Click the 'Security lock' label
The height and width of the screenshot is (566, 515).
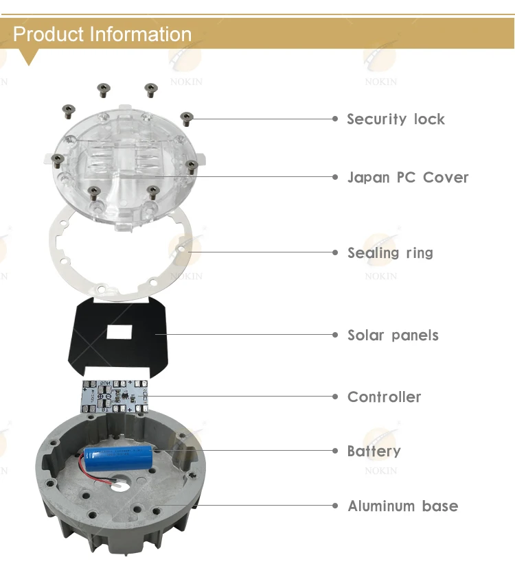point(396,119)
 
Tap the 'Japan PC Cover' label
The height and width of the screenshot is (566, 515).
point(408,178)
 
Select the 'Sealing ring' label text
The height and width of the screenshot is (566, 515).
point(390,252)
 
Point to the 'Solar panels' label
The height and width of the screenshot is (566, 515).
point(393,335)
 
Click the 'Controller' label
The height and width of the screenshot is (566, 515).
point(385,397)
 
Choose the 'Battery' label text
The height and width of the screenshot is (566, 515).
point(374,451)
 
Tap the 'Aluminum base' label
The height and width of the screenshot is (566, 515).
point(402,506)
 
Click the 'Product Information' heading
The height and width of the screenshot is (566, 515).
point(102,34)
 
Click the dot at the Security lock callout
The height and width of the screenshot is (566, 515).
point(335,119)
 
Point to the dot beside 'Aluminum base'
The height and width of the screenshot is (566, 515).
point(335,506)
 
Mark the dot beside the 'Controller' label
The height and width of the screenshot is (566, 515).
point(335,397)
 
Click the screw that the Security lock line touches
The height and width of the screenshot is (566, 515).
point(185,117)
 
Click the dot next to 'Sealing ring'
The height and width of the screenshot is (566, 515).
point(335,252)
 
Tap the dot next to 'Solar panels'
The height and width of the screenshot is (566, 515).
point(335,335)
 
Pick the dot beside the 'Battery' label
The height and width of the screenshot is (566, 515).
point(335,451)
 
